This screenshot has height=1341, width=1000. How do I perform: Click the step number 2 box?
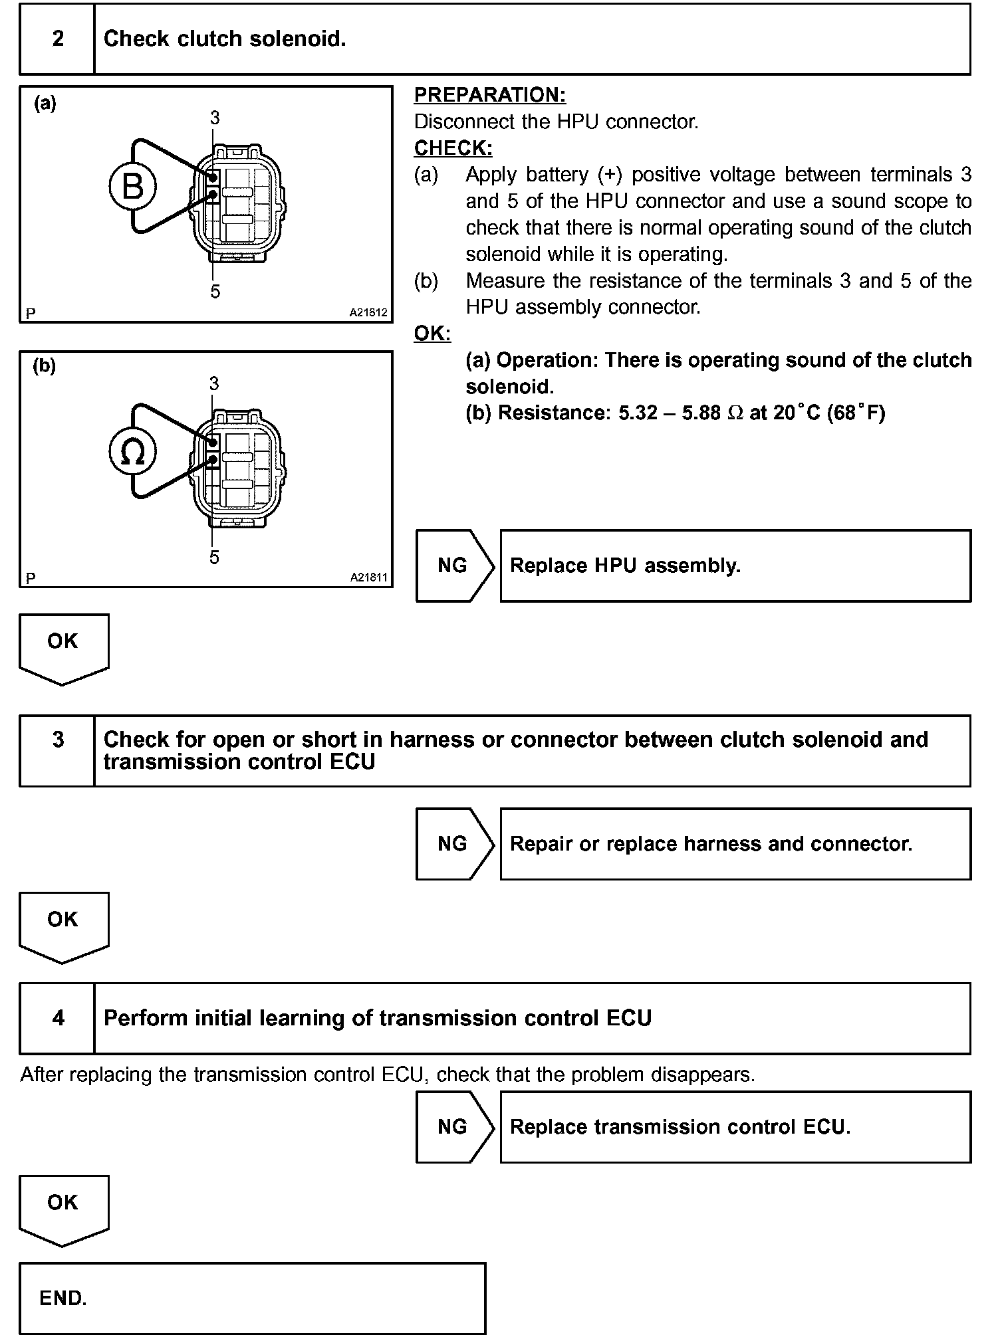(x=58, y=39)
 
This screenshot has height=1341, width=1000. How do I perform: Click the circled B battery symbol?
(x=133, y=186)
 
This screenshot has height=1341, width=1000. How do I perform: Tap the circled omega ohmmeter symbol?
(x=133, y=452)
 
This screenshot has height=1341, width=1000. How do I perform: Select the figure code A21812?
(x=368, y=312)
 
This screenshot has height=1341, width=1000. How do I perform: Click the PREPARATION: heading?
(x=490, y=95)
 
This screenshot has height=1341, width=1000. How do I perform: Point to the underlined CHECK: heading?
(x=453, y=148)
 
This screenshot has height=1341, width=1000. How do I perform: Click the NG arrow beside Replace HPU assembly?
(x=453, y=566)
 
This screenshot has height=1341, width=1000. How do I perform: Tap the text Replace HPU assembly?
(x=625, y=566)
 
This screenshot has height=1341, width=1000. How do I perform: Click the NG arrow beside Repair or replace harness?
(x=453, y=844)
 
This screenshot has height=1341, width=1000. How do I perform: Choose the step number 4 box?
(x=58, y=1018)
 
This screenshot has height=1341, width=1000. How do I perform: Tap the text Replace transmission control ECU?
(x=680, y=1127)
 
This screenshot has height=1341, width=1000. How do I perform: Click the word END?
(x=63, y=1298)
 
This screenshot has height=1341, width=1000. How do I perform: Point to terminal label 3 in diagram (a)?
(x=215, y=118)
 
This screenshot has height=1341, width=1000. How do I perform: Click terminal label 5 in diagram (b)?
(x=214, y=558)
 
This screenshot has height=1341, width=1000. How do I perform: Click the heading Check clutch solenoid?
(x=225, y=39)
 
